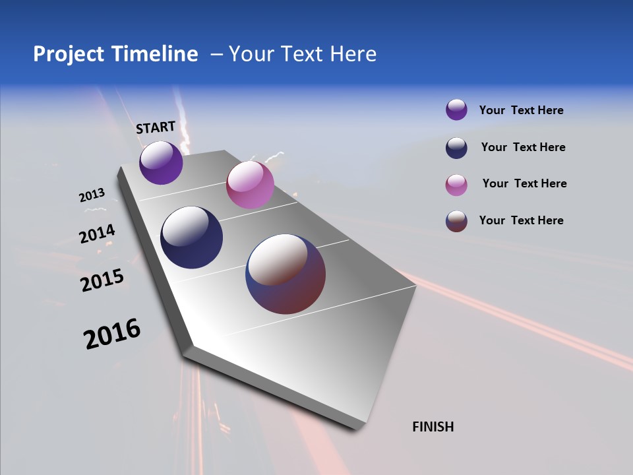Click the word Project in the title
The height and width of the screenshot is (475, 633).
click(69, 54)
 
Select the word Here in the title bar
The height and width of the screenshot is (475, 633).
click(353, 54)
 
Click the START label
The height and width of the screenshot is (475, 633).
click(156, 127)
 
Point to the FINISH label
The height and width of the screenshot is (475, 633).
click(433, 427)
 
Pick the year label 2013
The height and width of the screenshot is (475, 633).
click(92, 195)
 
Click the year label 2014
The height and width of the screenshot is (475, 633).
click(97, 234)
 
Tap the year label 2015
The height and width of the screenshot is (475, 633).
click(102, 280)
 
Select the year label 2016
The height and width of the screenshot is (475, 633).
click(111, 334)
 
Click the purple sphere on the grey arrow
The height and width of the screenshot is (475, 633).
click(161, 162)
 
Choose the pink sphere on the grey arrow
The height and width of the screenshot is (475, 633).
click(250, 185)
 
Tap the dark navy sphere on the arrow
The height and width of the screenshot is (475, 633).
click(192, 237)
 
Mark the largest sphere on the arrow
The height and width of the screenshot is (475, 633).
click(286, 274)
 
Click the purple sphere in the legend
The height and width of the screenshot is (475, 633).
click(456, 110)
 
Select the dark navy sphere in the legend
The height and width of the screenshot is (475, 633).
click(456, 148)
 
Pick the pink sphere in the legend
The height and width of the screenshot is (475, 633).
click(456, 185)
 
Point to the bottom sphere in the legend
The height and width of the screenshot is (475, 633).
click(456, 221)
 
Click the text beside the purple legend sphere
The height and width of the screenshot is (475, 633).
click(521, 111)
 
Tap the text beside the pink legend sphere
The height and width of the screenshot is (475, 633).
click(524, 183)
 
